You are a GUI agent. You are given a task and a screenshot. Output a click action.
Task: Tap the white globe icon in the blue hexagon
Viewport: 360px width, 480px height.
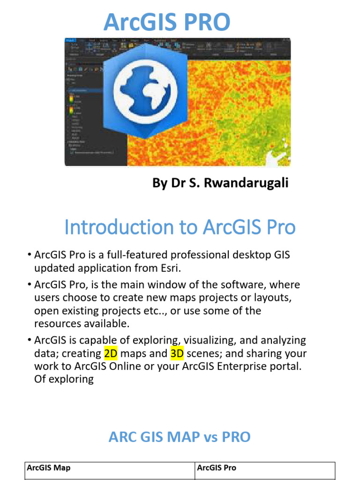145,88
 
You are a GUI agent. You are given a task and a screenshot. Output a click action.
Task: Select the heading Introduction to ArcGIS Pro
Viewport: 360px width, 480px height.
180,227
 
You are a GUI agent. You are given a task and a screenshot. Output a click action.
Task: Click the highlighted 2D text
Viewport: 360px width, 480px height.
111,353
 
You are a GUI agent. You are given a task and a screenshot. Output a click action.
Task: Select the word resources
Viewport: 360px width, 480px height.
58,323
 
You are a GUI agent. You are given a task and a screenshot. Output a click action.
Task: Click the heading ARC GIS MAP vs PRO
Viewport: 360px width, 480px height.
180,437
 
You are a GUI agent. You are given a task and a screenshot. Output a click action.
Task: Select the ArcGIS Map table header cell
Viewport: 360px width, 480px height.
49,467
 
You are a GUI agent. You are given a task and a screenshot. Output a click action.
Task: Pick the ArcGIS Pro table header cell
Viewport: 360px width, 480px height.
217,467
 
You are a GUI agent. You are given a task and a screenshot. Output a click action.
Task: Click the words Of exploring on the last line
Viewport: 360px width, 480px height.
64,379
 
